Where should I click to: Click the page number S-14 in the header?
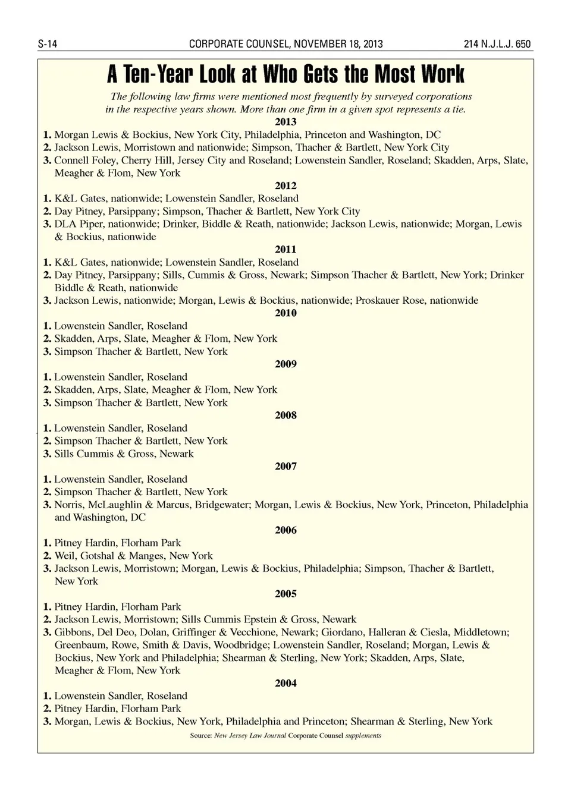[47, 44]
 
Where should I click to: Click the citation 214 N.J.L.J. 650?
[497, 44]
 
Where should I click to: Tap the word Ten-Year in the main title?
[159, 74]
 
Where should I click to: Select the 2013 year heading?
[285, 122]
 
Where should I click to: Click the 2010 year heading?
[285, 313]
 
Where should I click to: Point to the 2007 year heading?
[285, 467]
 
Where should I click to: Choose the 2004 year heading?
[285, 684]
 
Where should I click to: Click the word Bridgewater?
[222, 505]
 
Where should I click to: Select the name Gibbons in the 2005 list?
[74, 632]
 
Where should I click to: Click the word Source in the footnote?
[200, 736]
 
